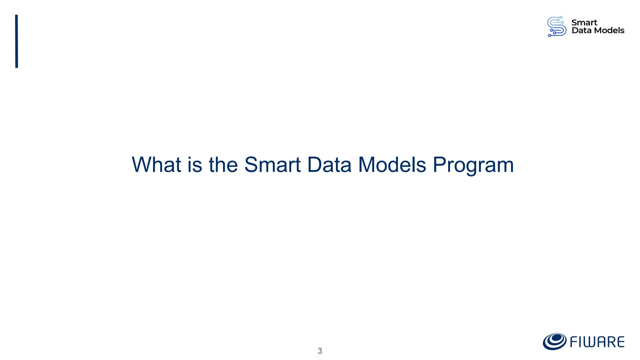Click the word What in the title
[156, 165]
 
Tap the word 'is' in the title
[194, 165]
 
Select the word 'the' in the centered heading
[223, 165]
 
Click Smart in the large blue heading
[272, 165]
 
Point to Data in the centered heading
[329, 165]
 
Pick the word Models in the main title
[392, 165]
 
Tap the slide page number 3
[320, 351]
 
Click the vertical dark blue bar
[17, 41]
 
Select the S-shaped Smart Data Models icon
[557, 27]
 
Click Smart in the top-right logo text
[584, 23]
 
